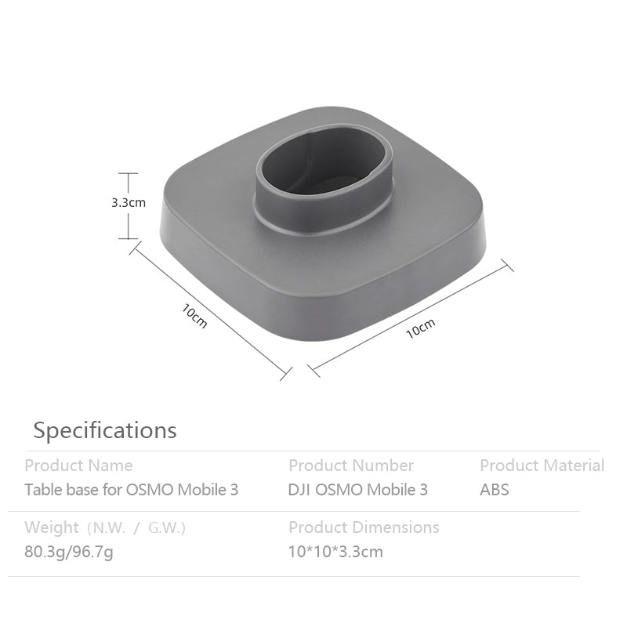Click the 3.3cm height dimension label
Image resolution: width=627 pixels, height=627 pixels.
tap(129, 202)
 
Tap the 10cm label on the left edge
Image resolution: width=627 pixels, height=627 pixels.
tap(194, 316)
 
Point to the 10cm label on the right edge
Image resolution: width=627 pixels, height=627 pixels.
tap(420, 328)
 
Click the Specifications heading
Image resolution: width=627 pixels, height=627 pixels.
tap(105, 430)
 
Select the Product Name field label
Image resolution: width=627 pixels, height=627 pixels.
tap(78, 466)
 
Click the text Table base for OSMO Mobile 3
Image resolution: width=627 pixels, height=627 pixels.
tap(132, 490)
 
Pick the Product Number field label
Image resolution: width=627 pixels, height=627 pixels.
tap(351, 466)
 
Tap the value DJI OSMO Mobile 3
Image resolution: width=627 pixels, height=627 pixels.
tap(358, 490)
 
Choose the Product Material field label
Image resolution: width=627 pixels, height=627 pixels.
tap(542, 466)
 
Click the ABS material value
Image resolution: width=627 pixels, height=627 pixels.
tap(494, 490)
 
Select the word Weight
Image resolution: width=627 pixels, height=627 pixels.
tap(52, 527)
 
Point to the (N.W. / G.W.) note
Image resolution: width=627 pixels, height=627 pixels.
tap(136, 528)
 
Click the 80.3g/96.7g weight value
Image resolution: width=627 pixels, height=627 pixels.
tap(69, 552)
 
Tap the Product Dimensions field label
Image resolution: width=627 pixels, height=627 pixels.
tap(364, 527)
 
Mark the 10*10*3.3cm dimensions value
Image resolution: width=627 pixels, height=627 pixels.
tap(335, 552)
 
